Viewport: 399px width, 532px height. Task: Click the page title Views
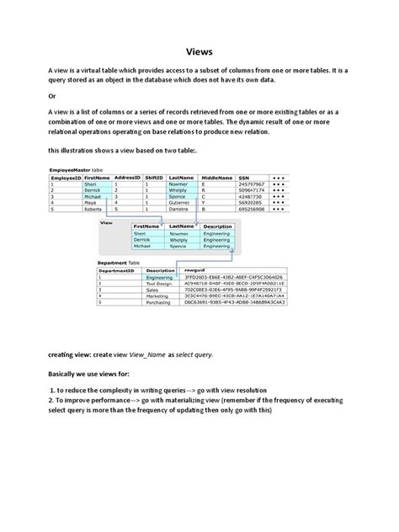pyautogui.click(x=199, y=50)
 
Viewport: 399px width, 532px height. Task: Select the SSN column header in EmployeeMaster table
pyautogui.click(x=245, y=178)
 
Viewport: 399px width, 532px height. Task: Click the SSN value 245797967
pyautogui.click(x=252, y=184)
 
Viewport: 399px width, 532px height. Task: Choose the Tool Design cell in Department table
pyautogui.click(x=158, y=283)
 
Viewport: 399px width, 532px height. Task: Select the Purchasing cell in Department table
pyautogui.click(x=158, y=302)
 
